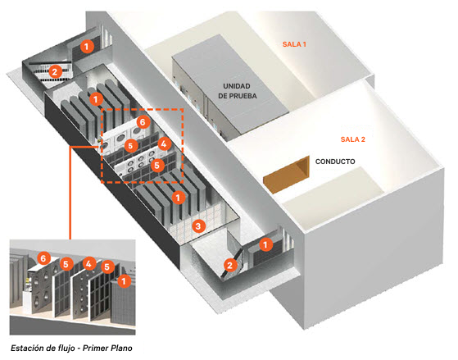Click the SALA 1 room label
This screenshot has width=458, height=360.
coord(294,44)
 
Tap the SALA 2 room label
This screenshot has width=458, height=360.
coord(353,139)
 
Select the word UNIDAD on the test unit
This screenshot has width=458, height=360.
coord(237,86)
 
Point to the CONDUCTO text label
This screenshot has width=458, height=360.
coord(335,162)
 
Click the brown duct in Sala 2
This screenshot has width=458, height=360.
coord(287,175)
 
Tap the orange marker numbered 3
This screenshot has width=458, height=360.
coord(198,226)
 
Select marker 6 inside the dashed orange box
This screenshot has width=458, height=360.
coord(143,121)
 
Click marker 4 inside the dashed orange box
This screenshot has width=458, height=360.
coord(164,144)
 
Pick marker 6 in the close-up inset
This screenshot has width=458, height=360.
coord(43,258)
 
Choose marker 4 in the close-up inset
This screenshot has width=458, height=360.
coord(88,264)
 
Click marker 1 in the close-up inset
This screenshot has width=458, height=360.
coord(125,281)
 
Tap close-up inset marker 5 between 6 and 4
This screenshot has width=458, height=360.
coord(66,264)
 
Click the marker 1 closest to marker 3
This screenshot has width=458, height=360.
coord(178,198)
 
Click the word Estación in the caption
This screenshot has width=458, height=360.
coord(28,348)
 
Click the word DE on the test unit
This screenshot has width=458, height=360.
coord(222,96)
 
